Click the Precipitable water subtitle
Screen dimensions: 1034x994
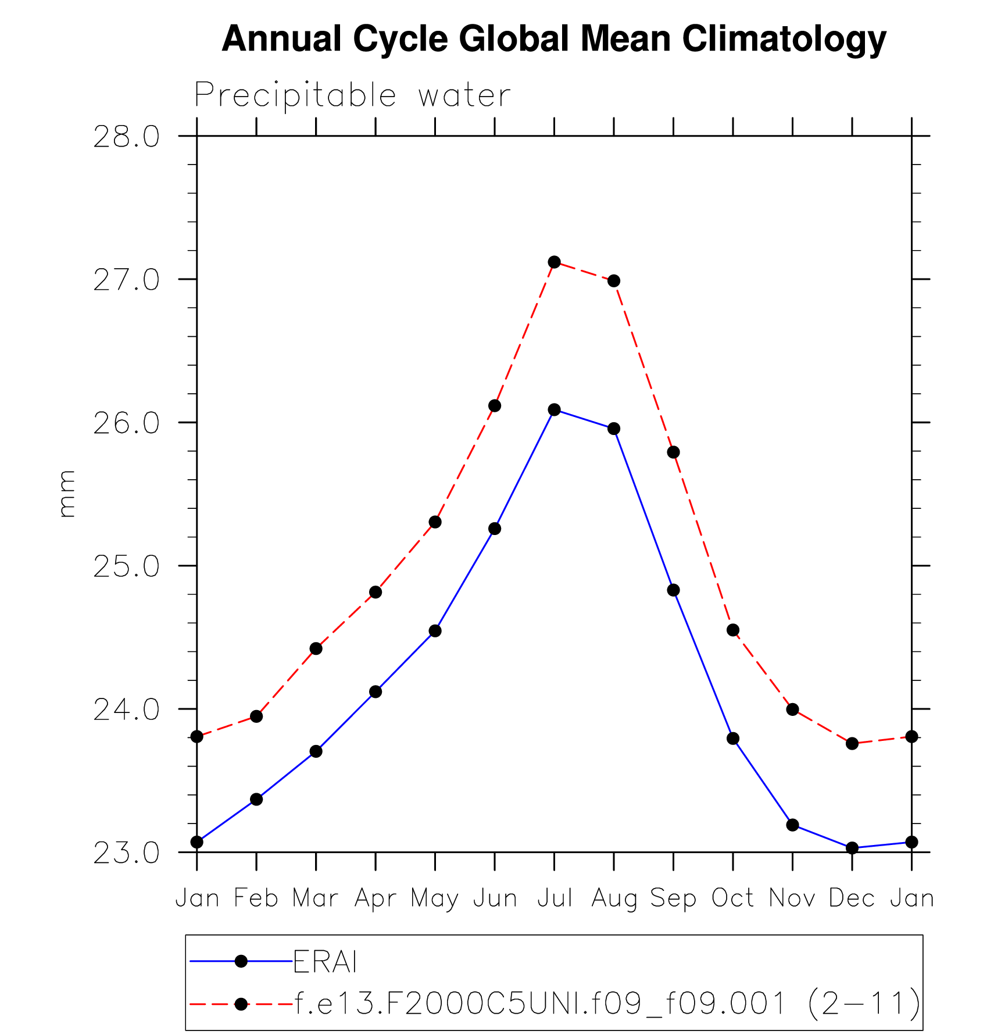point(352,95)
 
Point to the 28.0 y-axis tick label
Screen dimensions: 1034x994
point(126,138)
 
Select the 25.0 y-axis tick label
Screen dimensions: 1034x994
point(126,567)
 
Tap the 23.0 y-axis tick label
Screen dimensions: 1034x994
point(126,854)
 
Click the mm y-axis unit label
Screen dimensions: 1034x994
point(67,494)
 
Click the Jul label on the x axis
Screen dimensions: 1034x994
point(555,898)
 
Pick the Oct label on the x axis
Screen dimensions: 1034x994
point(733,898)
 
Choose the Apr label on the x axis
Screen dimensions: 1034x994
point(376,898)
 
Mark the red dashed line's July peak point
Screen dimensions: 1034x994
point(555,262)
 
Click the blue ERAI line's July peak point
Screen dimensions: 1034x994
point(555,410)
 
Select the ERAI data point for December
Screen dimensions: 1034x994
point(852,848)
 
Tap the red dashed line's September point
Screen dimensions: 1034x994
point(674,452)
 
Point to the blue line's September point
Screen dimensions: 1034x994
point(674,590)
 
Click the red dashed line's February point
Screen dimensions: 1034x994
point(256,716)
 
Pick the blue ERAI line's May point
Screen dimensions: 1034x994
point(435,631)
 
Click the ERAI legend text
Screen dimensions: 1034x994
point(325,962)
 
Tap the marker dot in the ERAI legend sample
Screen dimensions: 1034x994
point(241,962)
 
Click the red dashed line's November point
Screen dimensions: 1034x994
point(792,709)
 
